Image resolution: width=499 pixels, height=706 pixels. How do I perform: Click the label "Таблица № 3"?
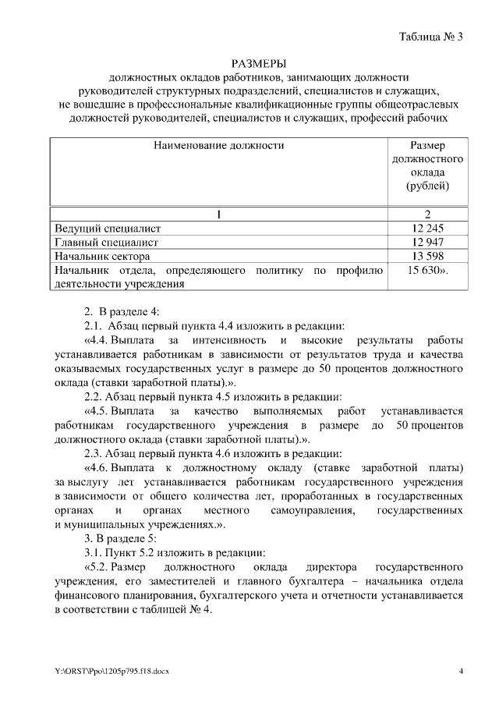point(430,37)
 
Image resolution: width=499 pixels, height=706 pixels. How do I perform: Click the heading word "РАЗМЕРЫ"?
point(258,63)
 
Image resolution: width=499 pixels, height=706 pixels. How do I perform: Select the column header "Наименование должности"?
point(219,145)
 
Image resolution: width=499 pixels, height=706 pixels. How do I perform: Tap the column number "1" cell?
point(219,214)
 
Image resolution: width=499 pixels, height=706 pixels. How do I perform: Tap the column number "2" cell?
point(426,214)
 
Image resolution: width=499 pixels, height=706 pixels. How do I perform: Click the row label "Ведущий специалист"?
point(108,228)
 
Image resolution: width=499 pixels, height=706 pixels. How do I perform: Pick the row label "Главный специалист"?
point(107,242)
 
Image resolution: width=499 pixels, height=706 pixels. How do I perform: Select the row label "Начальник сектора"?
point(102,256)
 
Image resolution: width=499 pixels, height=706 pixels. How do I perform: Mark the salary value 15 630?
point(425,270)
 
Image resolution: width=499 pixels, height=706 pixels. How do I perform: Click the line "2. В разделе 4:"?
point(122,312)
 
